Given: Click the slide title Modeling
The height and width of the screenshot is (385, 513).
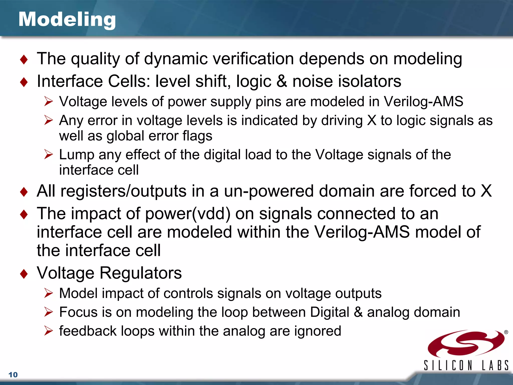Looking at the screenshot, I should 67,20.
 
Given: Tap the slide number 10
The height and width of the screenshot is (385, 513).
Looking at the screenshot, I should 13,375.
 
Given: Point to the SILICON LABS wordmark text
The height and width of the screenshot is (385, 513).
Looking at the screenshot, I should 466,365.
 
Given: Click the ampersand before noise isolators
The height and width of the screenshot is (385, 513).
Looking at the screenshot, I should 282,81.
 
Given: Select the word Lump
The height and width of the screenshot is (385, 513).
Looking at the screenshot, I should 77,155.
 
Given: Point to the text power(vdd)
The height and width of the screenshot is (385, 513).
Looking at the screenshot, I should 188,214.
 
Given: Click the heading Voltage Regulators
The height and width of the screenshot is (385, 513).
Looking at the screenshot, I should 109,273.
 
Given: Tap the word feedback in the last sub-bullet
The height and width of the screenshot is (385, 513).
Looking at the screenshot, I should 88,331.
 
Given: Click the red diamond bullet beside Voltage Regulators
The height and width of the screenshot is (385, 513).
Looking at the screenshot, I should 24,274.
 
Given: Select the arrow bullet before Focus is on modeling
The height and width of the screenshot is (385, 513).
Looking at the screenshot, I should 48,312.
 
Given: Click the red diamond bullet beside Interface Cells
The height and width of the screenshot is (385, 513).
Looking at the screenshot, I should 24,82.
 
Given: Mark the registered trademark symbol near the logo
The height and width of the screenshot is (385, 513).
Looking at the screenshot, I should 506,332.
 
